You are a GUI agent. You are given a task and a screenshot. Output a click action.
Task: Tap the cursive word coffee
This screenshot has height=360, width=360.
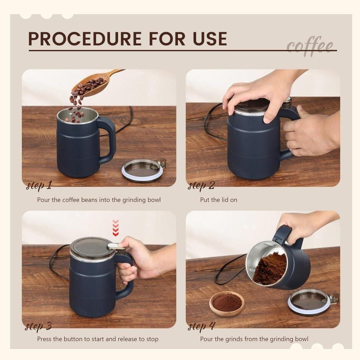(310, 46)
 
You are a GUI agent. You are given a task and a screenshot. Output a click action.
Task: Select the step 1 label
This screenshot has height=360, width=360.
(39, 185)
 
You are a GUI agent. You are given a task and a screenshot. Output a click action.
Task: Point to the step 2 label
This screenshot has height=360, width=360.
(201, 186)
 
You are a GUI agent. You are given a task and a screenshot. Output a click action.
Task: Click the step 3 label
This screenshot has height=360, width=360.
(38, 326)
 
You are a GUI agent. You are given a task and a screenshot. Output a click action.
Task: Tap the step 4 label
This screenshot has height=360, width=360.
(201, 326)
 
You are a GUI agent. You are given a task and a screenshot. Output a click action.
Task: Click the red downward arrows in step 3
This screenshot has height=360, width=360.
(115, 228)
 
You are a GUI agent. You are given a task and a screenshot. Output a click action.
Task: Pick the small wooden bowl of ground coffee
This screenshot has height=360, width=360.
(227, 303)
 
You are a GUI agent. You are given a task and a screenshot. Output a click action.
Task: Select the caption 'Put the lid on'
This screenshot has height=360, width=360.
(219, 200)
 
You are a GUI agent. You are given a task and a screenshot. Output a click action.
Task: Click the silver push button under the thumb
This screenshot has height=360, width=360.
(116, 246)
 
